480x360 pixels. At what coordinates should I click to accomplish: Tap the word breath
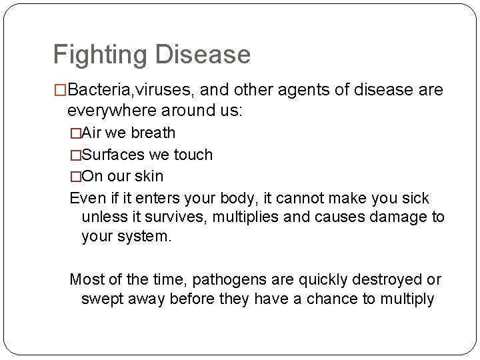(153, 133)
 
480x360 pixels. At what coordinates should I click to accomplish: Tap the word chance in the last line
(333, 299)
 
